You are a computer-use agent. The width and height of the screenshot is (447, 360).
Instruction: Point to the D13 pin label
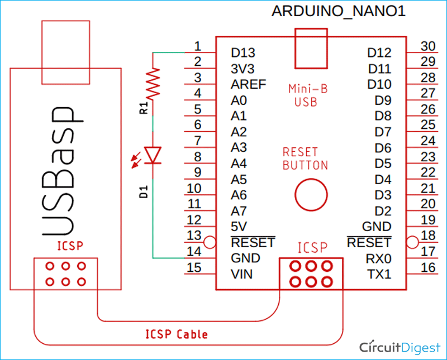pos(243,53)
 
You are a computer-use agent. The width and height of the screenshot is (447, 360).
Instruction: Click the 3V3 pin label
pos(242,69)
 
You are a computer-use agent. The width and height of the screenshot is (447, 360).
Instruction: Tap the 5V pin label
pos(239,227)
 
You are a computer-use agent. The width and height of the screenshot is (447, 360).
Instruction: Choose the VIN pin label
pos(241,274)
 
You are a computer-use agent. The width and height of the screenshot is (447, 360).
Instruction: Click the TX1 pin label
pos(379,274)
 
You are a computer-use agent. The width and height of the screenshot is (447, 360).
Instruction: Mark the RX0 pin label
pos(379,258)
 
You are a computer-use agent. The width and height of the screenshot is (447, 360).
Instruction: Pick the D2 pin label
pos(383,211)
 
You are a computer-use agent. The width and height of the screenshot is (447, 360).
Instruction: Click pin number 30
pos(427,46)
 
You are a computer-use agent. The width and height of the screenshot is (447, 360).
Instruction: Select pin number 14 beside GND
pos(194,251)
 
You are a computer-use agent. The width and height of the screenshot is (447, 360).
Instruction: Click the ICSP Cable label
pos(176,334)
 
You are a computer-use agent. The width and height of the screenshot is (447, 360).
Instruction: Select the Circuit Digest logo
pos(400,347)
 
